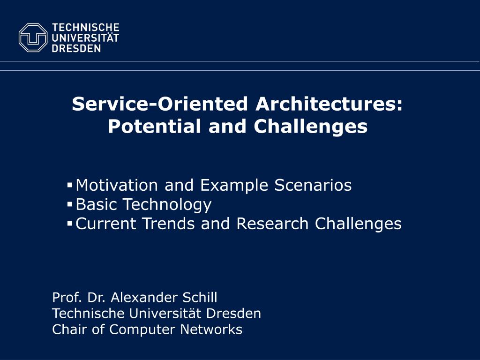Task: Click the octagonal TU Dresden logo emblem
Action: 33,37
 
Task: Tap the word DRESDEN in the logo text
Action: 76,48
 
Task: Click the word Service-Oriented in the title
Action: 159,104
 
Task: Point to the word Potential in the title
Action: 154,126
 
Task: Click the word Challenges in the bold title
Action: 311,127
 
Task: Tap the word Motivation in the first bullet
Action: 117,185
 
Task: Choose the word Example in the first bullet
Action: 234,186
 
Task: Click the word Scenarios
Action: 313,185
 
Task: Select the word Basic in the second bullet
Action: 96,204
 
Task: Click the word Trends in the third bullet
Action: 169,223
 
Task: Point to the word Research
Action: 272,223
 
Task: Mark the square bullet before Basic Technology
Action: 69,204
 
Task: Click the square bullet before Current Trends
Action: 69,223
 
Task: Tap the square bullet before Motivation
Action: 69,185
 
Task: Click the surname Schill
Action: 200,297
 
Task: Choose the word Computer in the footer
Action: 142,330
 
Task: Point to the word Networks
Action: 211,329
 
